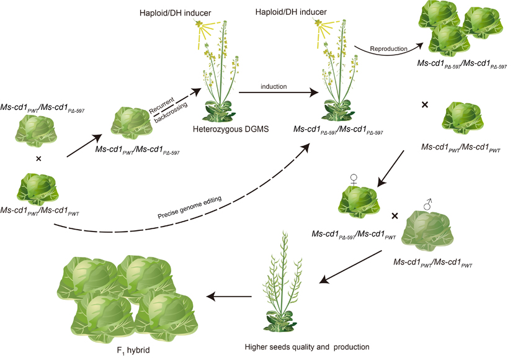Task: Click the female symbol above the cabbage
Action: click(x=354, y=180)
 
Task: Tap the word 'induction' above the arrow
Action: click(x=274, y=86)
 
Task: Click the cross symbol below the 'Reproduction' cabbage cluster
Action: click(x=424, y=105)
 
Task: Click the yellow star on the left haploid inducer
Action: click(x=200, y=24)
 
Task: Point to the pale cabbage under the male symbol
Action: click(x=429, y=229)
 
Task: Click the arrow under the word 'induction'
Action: click(x=273, y=93)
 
